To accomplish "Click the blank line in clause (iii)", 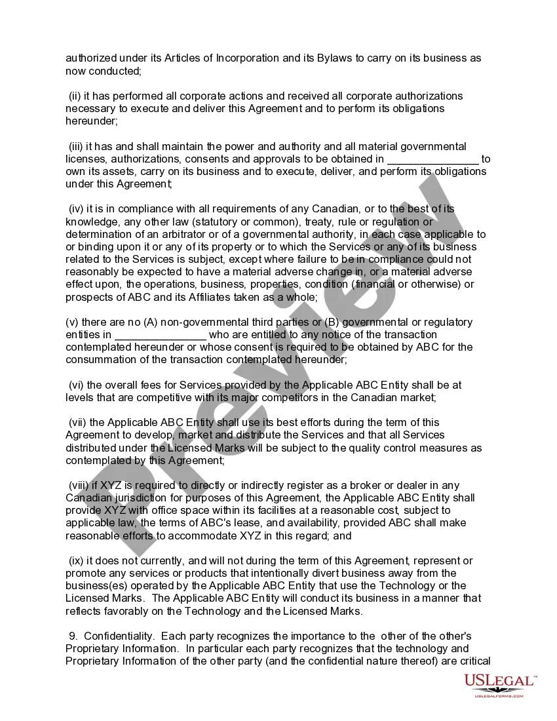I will [433, 159].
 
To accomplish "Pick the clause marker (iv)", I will [76, 209].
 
